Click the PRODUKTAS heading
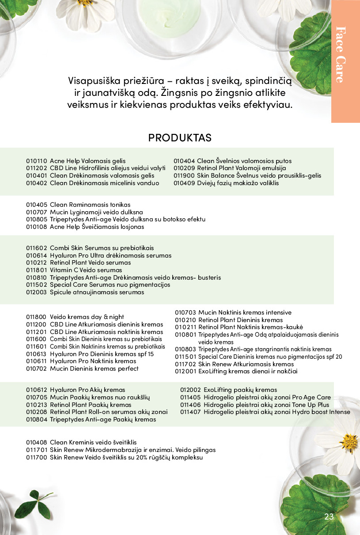coord(180,138)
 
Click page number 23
coord(329,517)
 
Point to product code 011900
coord(184,175)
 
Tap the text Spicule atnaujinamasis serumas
coord(97,292)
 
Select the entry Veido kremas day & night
coord(87,317)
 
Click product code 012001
coord(185,372)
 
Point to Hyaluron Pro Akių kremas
coord(87,390)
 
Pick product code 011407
coord(190,412)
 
